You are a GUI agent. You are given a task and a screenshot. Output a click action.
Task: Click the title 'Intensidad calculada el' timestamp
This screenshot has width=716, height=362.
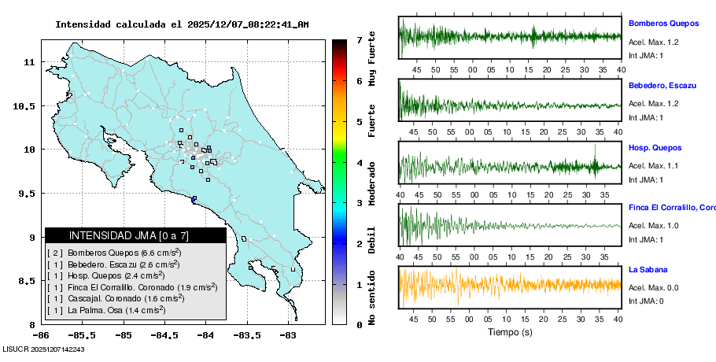pos(182,24)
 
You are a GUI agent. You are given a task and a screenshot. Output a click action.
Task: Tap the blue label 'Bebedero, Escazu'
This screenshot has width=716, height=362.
pos(663,85)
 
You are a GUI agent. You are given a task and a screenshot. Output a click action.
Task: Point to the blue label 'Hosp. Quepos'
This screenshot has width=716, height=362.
pos(655,147)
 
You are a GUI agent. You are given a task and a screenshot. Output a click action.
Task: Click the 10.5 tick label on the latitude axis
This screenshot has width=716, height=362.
pos(28,105)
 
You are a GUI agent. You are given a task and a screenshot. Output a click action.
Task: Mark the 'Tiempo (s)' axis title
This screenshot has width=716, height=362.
pos(510,332)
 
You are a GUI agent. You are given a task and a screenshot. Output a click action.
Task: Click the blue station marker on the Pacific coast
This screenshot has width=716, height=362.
pos(194,198)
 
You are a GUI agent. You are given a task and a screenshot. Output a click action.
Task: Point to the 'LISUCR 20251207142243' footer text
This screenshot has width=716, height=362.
pos(44,349)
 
